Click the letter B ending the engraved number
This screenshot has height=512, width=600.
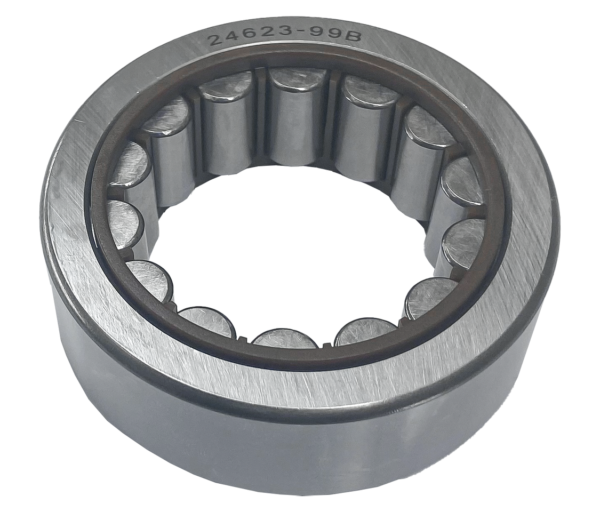(x=354, y=37)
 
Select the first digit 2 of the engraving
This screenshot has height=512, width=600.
(x=215, y=41)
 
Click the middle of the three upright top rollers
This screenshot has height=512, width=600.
(x=297, y=117)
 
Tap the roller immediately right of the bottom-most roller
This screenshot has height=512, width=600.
(x=365, y=331)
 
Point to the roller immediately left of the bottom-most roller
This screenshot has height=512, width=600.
(x=207, y=322)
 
